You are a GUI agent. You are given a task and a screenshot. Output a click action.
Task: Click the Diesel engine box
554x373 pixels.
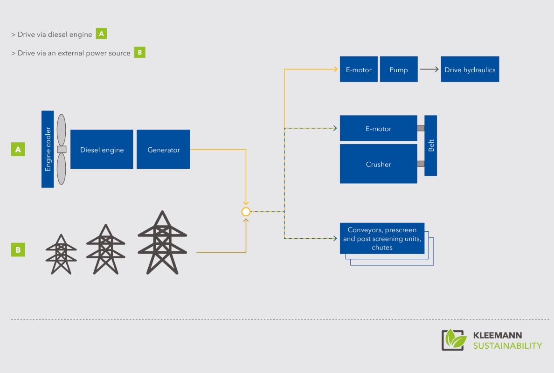(x=102, y=149)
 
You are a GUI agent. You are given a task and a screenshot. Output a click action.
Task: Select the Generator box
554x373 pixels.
(x=163, y=149)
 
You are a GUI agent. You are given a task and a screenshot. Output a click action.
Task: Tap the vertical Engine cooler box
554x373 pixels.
(x=48, y=149)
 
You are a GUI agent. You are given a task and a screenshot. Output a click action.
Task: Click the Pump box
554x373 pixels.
(x=399, y=69)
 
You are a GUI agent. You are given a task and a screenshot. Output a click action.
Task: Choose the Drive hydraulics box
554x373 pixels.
(x=470, y=69)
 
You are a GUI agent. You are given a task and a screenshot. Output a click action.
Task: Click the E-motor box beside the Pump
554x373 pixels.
(x=359, y=69)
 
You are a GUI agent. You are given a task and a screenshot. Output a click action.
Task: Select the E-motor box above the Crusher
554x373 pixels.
(x=378, y=128)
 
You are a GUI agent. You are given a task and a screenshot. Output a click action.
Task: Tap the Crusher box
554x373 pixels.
(x=378, y=164)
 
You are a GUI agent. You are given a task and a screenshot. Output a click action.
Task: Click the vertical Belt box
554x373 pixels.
(x=431, y=145)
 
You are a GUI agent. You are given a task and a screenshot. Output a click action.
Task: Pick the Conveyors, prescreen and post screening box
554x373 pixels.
(x=382, y=238)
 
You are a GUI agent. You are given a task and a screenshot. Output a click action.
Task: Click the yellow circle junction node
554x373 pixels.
(x=246, y=212)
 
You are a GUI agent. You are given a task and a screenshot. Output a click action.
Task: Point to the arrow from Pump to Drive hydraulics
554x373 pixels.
(x=429, y=69)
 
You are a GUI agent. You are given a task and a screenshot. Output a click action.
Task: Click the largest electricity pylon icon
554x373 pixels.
(x=162, y=242)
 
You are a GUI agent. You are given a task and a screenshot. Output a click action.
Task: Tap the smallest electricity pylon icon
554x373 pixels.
(x=61, y=254)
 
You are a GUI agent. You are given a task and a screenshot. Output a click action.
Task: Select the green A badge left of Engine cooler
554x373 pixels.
(x=18, y=149)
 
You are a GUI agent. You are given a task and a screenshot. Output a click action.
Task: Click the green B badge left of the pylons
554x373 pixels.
(x=18, y=250)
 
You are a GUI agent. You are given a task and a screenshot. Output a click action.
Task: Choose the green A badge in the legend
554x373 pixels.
(x=101, y=34)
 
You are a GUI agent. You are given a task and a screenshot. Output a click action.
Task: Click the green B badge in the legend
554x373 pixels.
(x=140, y=52)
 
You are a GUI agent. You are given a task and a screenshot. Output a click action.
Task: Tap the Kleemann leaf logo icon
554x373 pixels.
(x=453, y=340)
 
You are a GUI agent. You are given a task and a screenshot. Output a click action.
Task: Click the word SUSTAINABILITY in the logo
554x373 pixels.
(x=507, y=346)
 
